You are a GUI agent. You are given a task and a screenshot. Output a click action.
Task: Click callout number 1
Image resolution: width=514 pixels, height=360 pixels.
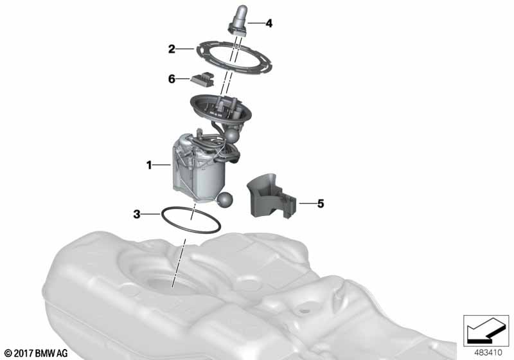pos(148,166)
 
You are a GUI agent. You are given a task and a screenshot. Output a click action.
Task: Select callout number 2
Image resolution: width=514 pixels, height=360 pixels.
pos(172,49)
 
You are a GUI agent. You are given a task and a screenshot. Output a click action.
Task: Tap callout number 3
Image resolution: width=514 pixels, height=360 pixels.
pos(137,213)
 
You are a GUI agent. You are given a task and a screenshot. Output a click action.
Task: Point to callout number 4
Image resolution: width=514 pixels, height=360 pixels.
pos(269,24)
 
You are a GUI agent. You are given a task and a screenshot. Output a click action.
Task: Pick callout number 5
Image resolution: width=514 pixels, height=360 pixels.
pos(320,204)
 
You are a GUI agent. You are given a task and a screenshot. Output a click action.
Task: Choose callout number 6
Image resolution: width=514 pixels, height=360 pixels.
pos(172,79)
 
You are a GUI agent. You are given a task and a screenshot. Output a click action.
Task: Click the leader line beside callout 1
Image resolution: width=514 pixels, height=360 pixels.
pos(162,166)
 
